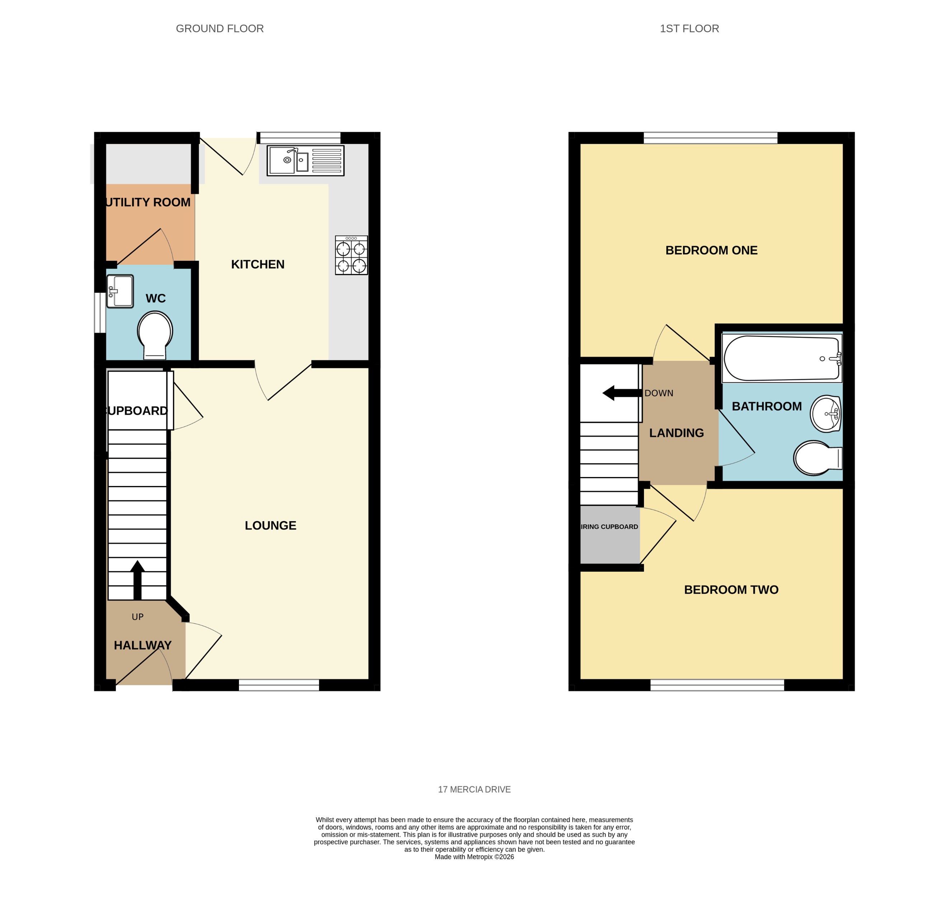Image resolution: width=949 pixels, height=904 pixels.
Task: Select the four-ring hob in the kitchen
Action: click(351, 255)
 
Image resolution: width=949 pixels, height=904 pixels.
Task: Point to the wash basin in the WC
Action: click(120, 291)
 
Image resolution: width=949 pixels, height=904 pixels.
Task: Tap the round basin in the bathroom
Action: click(825, 414)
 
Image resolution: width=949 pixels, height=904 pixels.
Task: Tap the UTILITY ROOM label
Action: click(147, 202)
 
